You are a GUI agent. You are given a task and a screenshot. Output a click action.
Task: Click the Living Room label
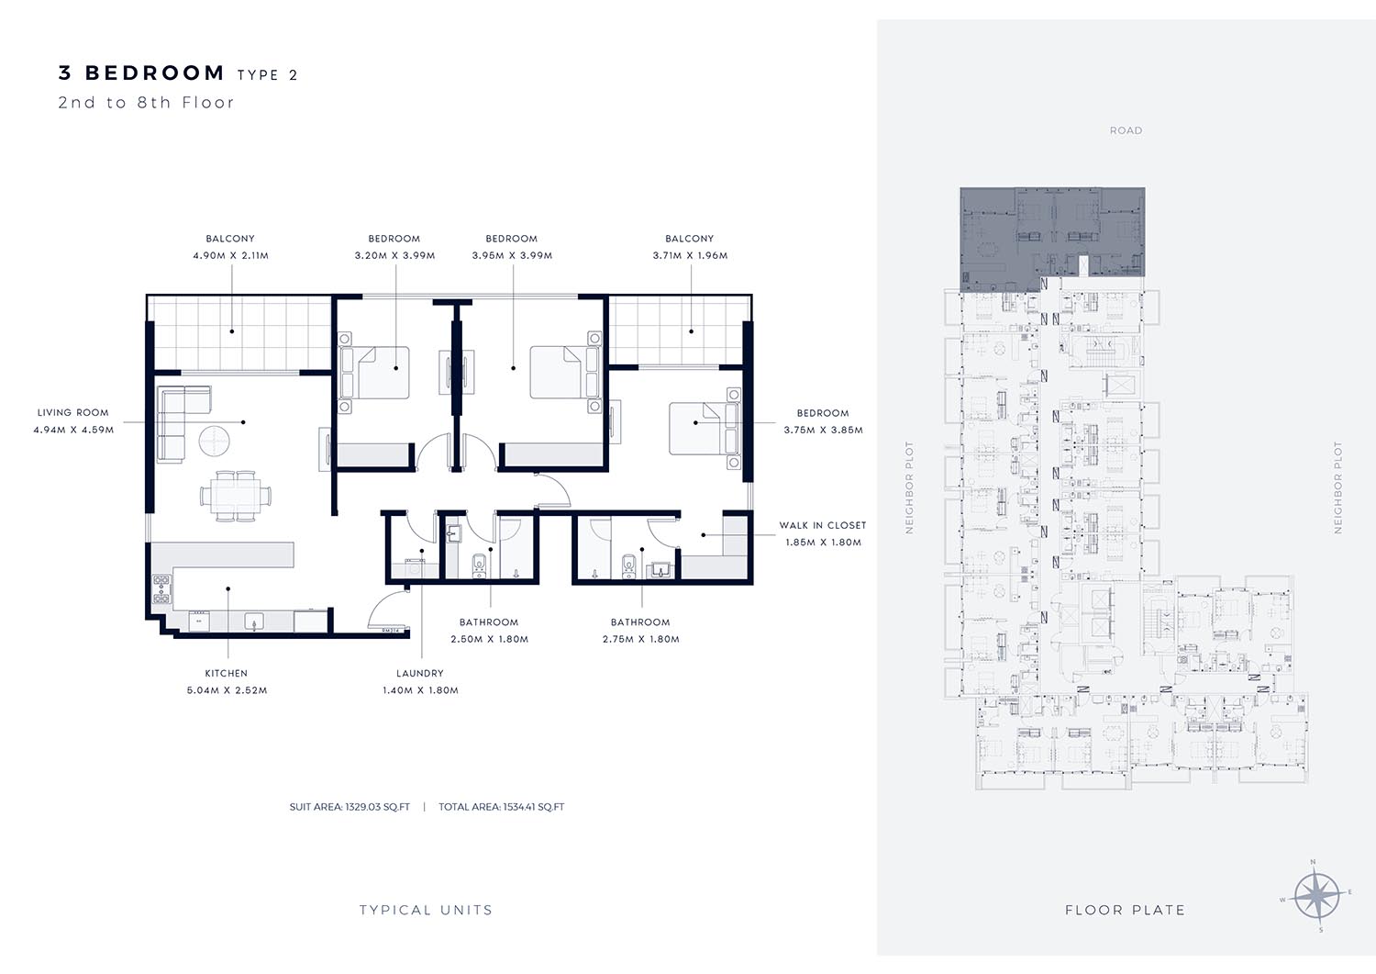coord(73,412)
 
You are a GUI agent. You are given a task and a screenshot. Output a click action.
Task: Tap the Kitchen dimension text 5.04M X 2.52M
coord(227,690)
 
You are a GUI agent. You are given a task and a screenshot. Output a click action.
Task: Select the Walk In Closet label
coord(823,525)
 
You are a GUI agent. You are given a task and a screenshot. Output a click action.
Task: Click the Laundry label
coord(420,673)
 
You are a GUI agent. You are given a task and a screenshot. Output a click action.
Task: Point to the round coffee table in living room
coord(215,441)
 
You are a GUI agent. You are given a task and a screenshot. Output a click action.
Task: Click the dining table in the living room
coord(236,496)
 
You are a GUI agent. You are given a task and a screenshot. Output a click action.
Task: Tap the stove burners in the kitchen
coord(161,589)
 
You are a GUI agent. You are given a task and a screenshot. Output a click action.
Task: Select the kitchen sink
coord(254,622)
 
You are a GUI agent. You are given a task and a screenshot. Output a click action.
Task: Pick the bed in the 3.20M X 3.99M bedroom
coord(374,373)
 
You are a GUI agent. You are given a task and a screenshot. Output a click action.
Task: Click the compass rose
coord(1317,896)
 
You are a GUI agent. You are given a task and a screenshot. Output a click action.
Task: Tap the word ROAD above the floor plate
coord(1126,130)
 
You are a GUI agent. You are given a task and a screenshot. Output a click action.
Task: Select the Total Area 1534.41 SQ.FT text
coord(501,807)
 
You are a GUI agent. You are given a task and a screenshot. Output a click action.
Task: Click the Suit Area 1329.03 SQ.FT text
coord(350,807)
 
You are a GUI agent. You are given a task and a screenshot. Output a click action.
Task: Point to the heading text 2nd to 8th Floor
coord(146,103)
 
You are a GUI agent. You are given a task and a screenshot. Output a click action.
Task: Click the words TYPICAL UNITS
coord(427,910)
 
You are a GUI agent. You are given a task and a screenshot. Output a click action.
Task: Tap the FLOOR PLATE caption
coord(1126,910)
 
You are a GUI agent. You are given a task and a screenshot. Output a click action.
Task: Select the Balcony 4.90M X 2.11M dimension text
coord(231,256)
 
